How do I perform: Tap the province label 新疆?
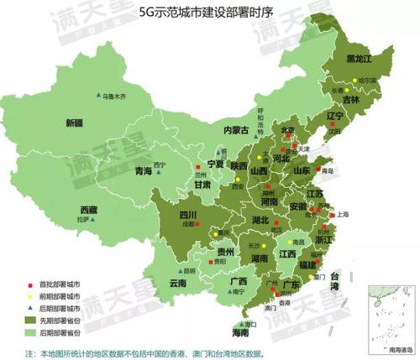click(x=76, y=123)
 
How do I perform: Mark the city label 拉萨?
click(x=82, y=220)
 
